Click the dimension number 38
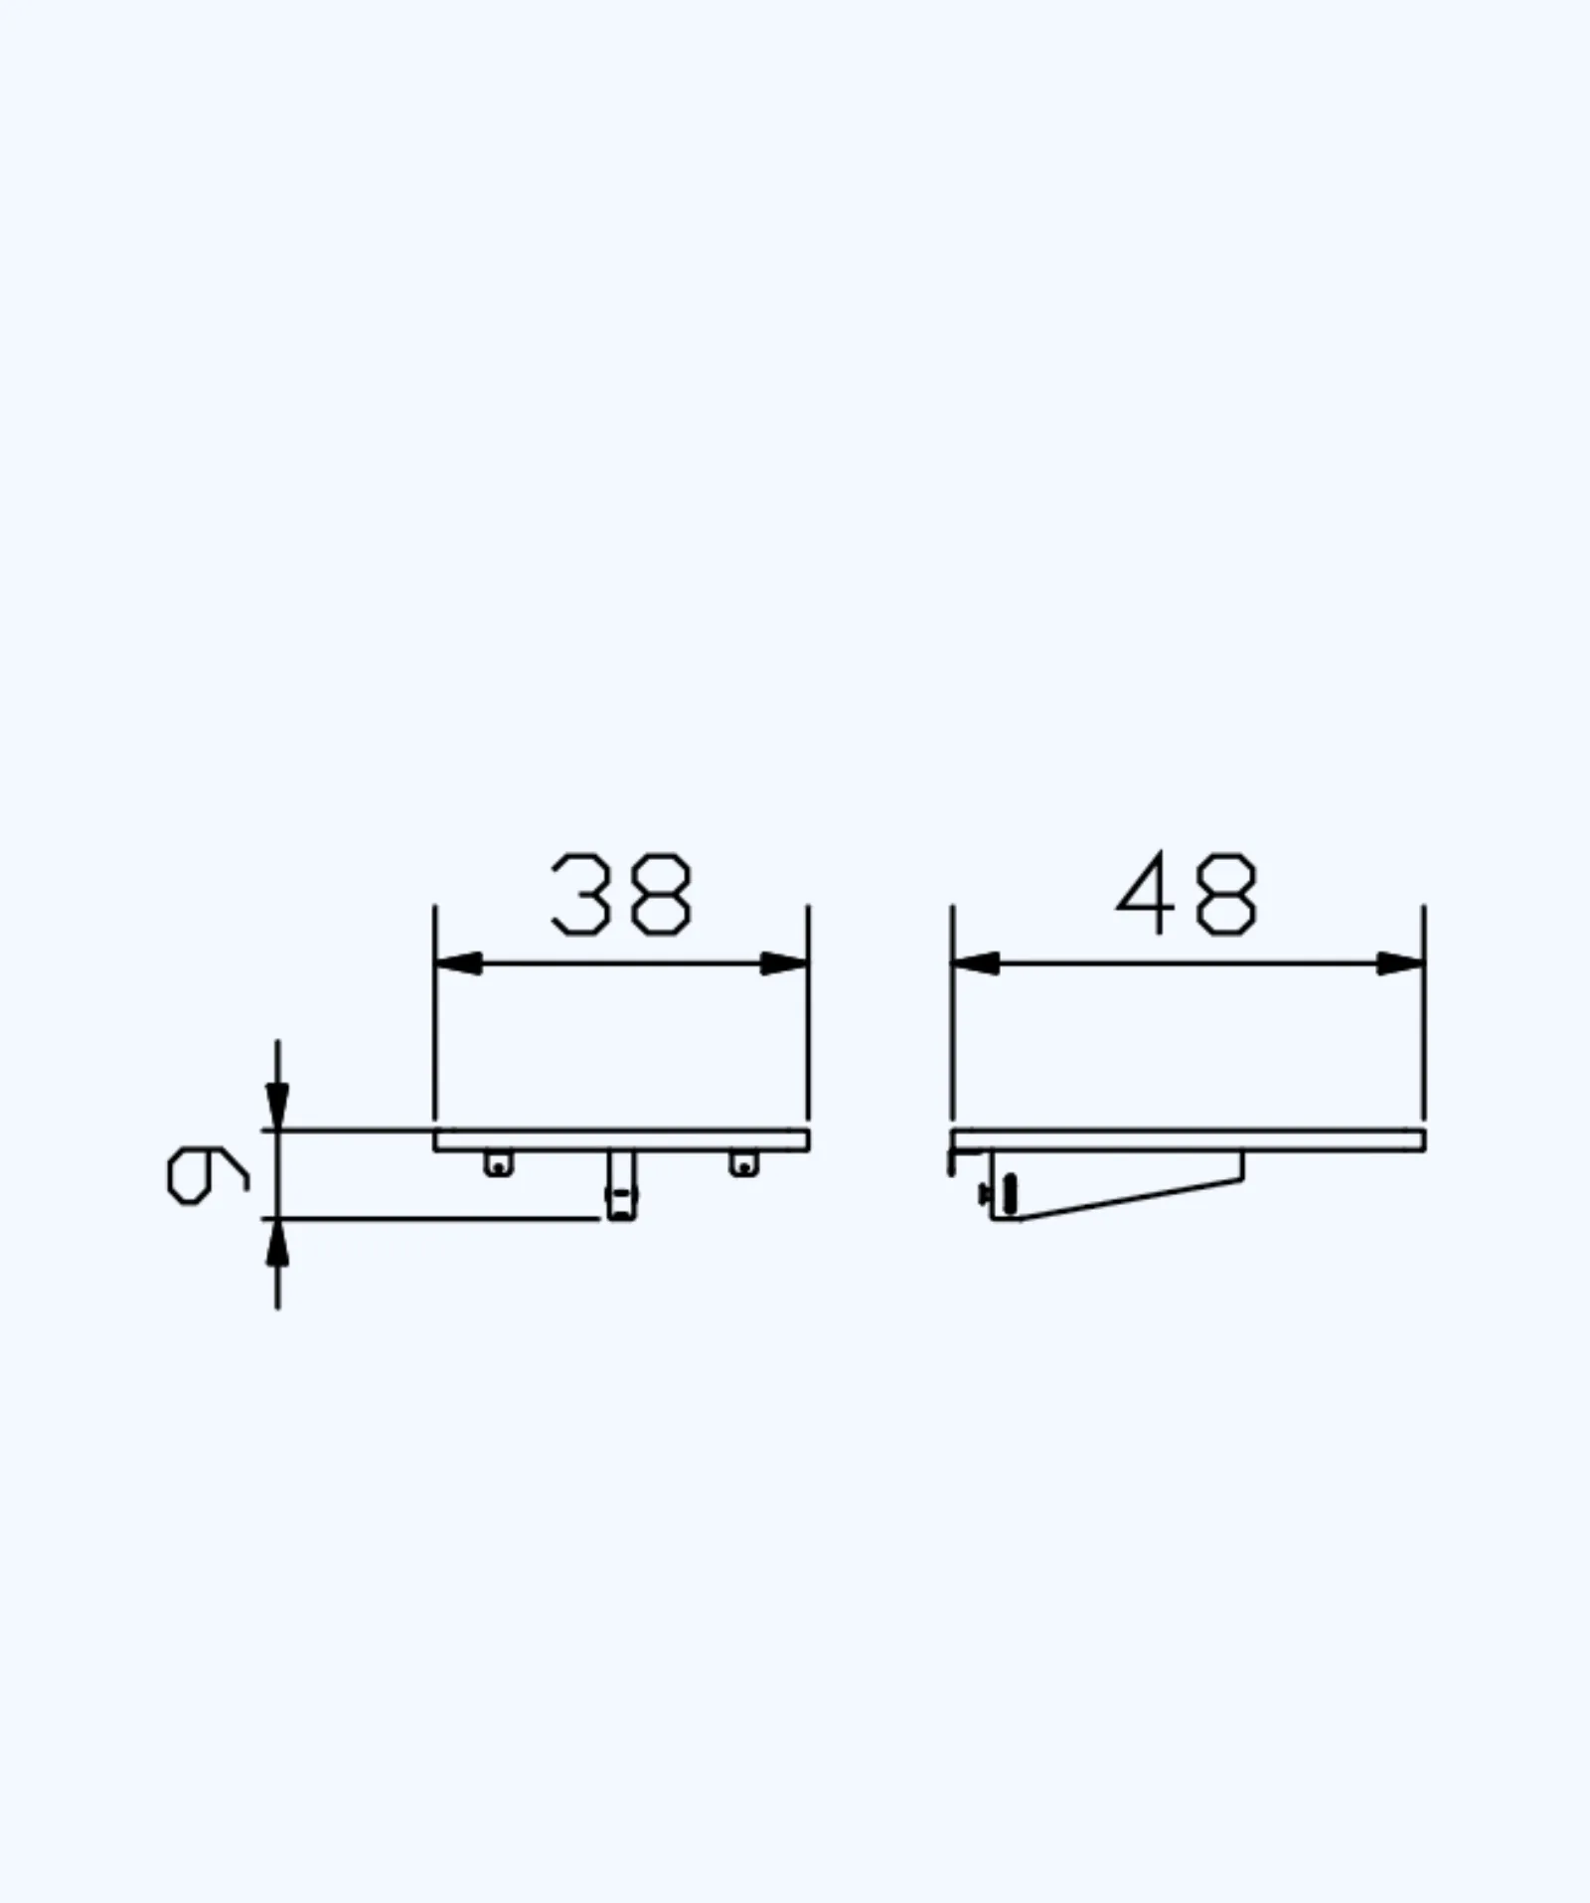point(621,894)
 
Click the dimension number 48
point(1187,894)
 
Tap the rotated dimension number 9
point(207,1174)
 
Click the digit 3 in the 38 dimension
point(580,894)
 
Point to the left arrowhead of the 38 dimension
point(458,963)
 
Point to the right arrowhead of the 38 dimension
point(784,963)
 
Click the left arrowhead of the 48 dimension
point(976,963)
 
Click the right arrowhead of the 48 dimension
point(1400,963)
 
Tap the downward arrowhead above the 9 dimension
point(277,1106)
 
